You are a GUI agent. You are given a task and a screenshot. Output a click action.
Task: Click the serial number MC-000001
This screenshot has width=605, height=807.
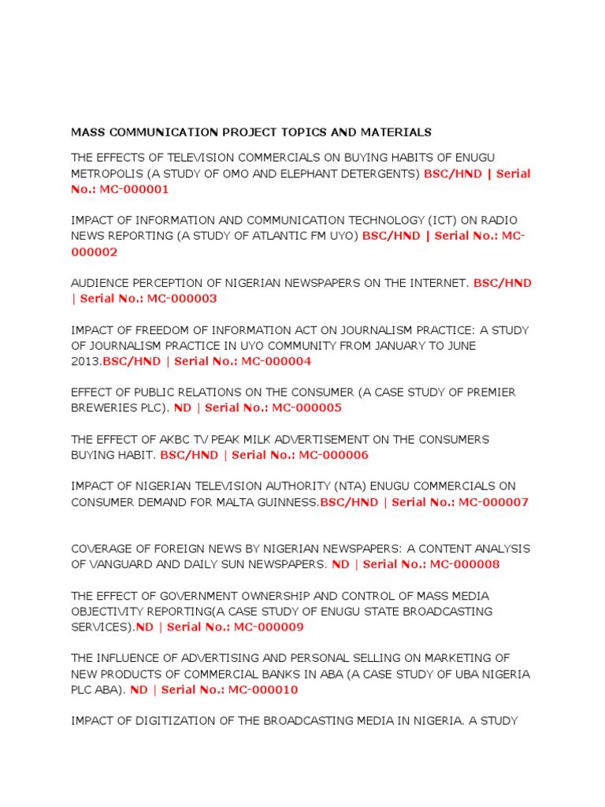134,189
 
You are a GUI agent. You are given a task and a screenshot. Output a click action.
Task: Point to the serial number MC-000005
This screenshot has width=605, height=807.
306,408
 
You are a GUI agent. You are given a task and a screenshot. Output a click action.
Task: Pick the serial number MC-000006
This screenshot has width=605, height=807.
333,455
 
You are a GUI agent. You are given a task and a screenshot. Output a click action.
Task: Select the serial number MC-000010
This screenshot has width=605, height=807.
263,690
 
